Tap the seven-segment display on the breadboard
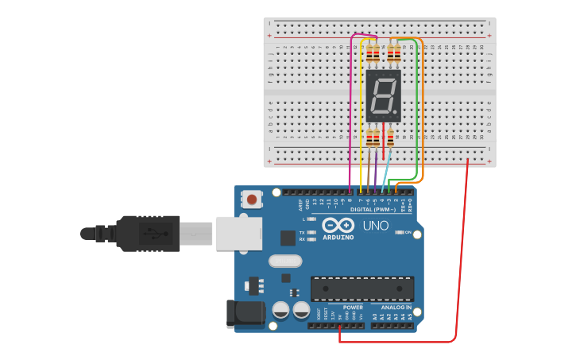click(384, 95)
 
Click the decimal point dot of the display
click(396, 111)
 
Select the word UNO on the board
click(375, 226)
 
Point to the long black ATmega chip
click(361, 288)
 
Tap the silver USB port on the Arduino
click(239, 231)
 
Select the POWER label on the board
click(353, 308)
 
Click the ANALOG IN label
click(396, 308)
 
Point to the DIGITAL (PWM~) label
click(373, 209)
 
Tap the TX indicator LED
click(311, 231)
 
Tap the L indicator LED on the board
click(311, 219)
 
